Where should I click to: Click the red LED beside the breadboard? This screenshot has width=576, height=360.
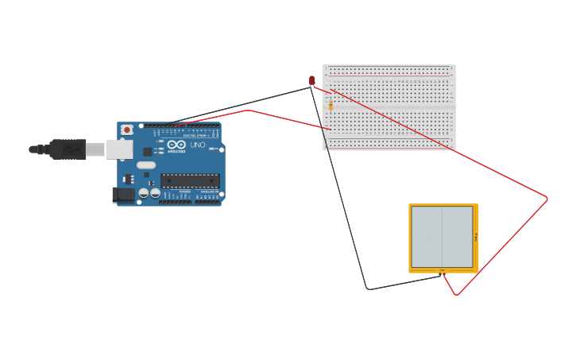[x=312, y=80]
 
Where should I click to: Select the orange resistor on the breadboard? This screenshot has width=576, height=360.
[x=331, y=106]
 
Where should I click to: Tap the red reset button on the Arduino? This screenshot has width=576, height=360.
[x=126, y=130]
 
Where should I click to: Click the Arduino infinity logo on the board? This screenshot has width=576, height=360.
[x=176, y=145]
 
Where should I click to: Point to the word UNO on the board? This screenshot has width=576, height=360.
[x=198, y=145]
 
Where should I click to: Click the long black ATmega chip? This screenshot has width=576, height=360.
[x=190, y=180]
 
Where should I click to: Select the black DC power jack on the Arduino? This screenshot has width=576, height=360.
[x=123, y=195]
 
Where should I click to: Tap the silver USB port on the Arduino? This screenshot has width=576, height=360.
[x=119, y=149]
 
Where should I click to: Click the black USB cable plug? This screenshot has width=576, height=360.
[x=68, y=149]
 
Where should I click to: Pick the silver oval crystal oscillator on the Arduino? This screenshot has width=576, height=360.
[x=146, y=165]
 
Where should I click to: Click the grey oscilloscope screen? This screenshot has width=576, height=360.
[x=442, y=237]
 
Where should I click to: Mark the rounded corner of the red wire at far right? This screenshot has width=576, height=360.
[x=547, y=199]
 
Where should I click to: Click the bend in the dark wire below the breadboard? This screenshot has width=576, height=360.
[x=368, y=288]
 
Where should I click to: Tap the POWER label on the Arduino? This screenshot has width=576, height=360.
[x=184, y=192]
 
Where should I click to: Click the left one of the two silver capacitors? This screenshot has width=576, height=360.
[x=144, y=192]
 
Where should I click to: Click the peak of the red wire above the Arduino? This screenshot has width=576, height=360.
[x=250, y=110]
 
